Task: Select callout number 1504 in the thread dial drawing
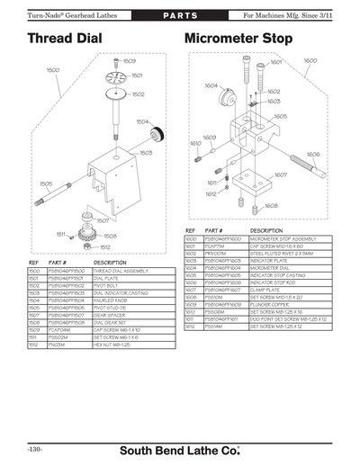[142, 121]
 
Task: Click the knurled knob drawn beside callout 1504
[156, 135]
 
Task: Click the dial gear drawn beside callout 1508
[89, 235]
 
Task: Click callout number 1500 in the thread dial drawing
[53, 69]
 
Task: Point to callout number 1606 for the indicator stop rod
[312, 154]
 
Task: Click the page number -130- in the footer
[38, 448]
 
